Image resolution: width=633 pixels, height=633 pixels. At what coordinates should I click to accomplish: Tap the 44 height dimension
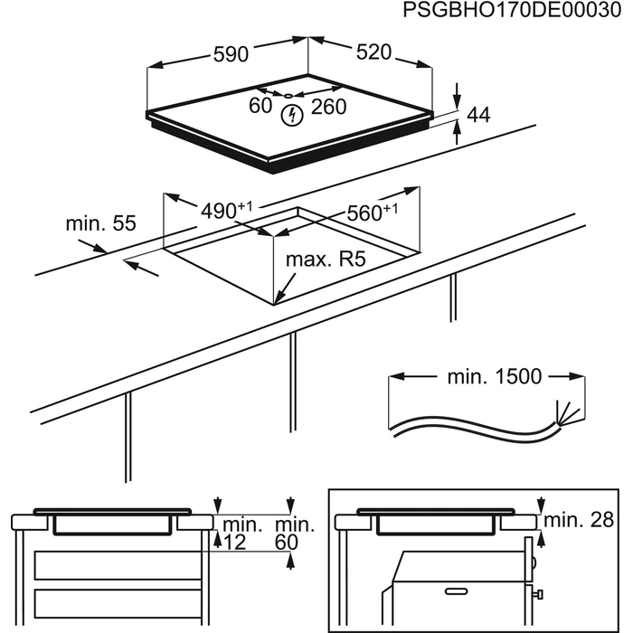coord(478,115)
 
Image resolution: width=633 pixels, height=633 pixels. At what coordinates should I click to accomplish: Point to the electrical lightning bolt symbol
coord(291,115)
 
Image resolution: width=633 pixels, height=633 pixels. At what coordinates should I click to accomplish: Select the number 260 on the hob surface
coord(328,107)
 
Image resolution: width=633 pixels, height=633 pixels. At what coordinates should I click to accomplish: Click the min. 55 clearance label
coord(99,222)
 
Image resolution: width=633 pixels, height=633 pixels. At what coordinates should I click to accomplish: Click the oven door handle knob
coord(539,593)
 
